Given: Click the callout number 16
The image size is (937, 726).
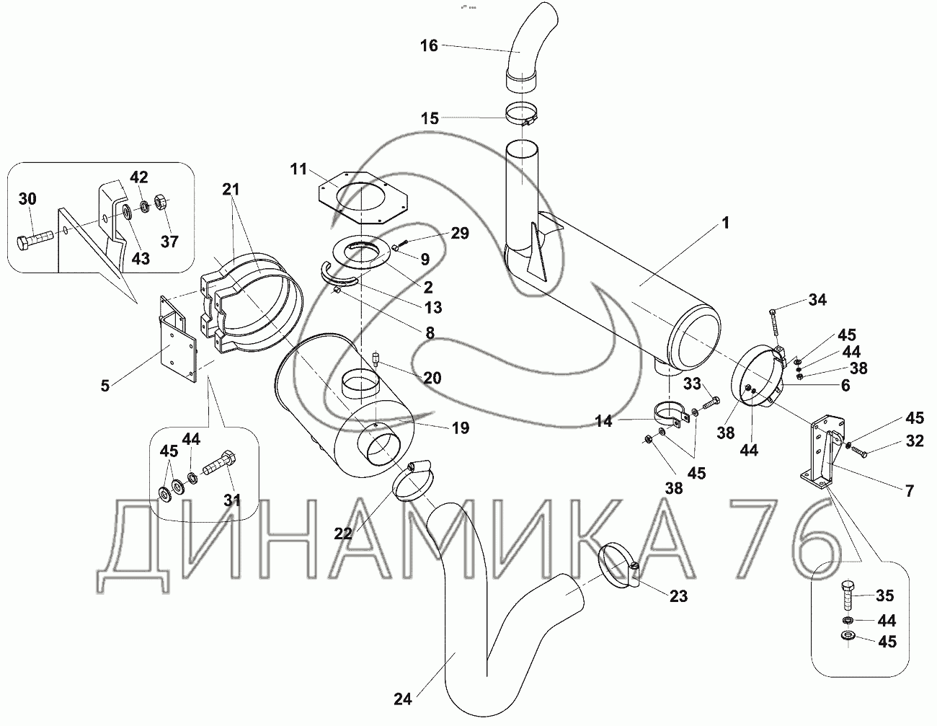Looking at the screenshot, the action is coord(429,46).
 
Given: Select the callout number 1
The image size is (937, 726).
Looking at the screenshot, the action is coord(726,224).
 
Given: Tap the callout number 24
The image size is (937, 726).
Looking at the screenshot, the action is coord(403,698).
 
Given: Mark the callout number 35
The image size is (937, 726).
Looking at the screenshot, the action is coord(884,596).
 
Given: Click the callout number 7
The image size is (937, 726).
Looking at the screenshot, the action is coord(909,492).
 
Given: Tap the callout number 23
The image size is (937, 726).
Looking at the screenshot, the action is coord(678,596).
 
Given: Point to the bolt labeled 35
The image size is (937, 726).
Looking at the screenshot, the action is coord(847,593).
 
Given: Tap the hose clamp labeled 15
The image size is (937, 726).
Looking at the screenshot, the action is coord(525,115).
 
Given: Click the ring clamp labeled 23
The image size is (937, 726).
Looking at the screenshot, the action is coord(618,565).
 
